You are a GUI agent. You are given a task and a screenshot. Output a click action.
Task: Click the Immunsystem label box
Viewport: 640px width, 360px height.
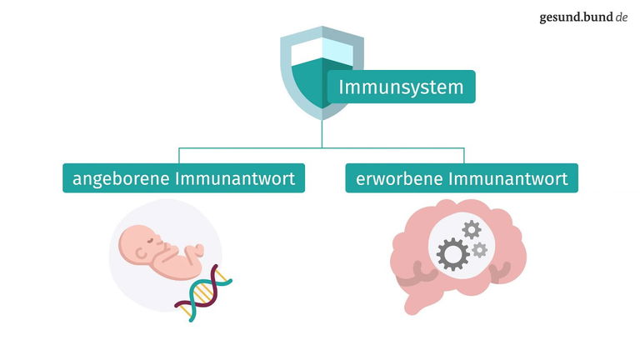coord(401,87)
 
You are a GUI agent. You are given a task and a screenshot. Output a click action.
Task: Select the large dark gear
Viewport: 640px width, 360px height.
coord(453,252)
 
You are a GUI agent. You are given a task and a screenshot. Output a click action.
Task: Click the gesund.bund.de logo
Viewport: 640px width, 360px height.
coord(582,17)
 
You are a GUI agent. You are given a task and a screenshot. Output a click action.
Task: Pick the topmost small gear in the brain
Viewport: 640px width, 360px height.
coord(472,227)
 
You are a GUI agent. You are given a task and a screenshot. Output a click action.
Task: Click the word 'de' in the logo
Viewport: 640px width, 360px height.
coord(621,17)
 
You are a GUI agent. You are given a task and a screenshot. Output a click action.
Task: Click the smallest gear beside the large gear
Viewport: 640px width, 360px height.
coord(478,249)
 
